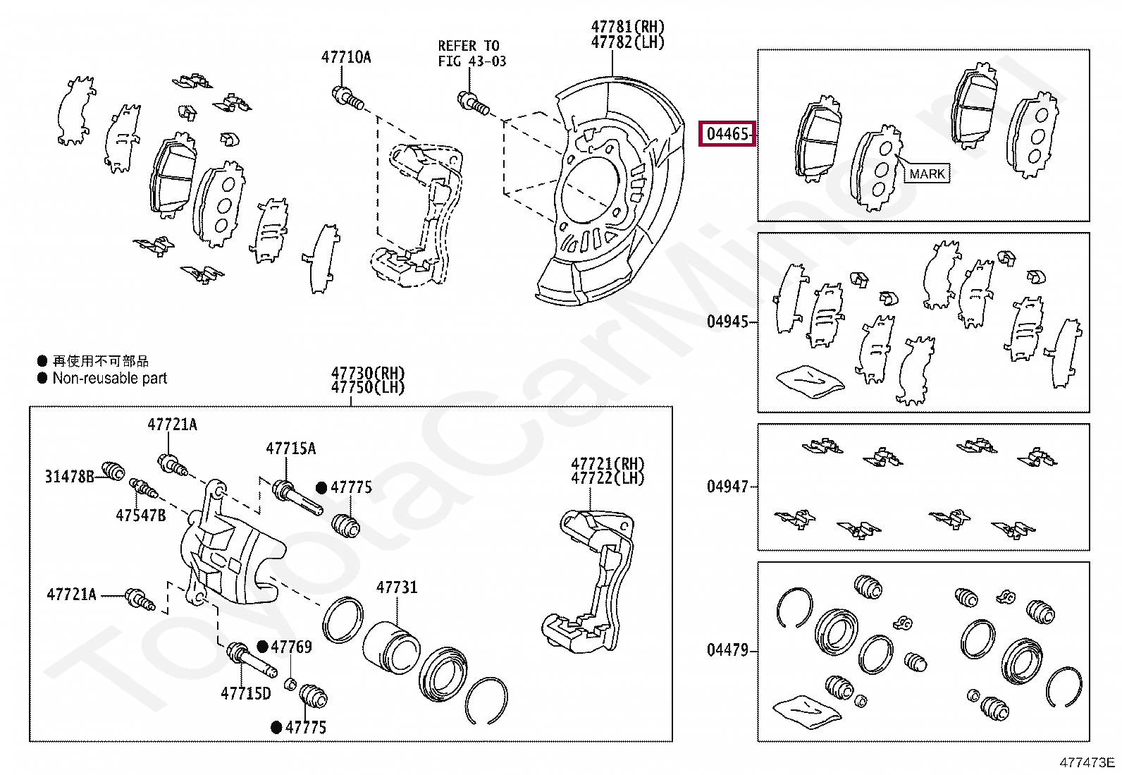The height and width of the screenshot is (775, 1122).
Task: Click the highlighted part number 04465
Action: (x=727, y=133)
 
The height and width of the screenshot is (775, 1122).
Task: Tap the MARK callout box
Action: (x=927, y=173)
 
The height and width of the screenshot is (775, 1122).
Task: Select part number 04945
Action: (x=727, y=322)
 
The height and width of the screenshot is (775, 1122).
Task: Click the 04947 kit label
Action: (x=727, y=486)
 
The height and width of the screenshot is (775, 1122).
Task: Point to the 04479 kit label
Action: (x=727, y=649)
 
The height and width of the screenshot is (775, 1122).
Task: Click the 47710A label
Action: (x=346, y=57)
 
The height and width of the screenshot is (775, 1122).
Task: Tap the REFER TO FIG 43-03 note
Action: (x=471, y=54)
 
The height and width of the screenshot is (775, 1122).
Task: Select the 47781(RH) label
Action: (x=627, y=27)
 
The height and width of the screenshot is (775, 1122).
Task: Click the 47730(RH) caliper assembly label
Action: (x=368, y=373)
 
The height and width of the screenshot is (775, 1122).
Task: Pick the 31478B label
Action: (x=69, y=477)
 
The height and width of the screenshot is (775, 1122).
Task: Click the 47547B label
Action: (x=141, y=515)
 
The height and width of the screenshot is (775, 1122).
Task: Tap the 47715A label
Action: (x=290, y=448)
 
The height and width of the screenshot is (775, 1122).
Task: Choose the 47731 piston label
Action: (x=397, y=587)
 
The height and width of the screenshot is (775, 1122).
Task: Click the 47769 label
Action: (x=291, y=647)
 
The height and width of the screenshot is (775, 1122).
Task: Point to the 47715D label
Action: (x=245, y=694)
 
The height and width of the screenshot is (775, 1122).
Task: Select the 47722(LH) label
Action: (x=608, y=478)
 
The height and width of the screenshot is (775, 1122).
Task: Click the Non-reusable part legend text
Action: (x=110, y=379)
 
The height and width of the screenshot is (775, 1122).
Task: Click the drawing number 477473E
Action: (x=1087, y=762)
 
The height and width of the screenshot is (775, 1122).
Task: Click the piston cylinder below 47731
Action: (x=391, y=645)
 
